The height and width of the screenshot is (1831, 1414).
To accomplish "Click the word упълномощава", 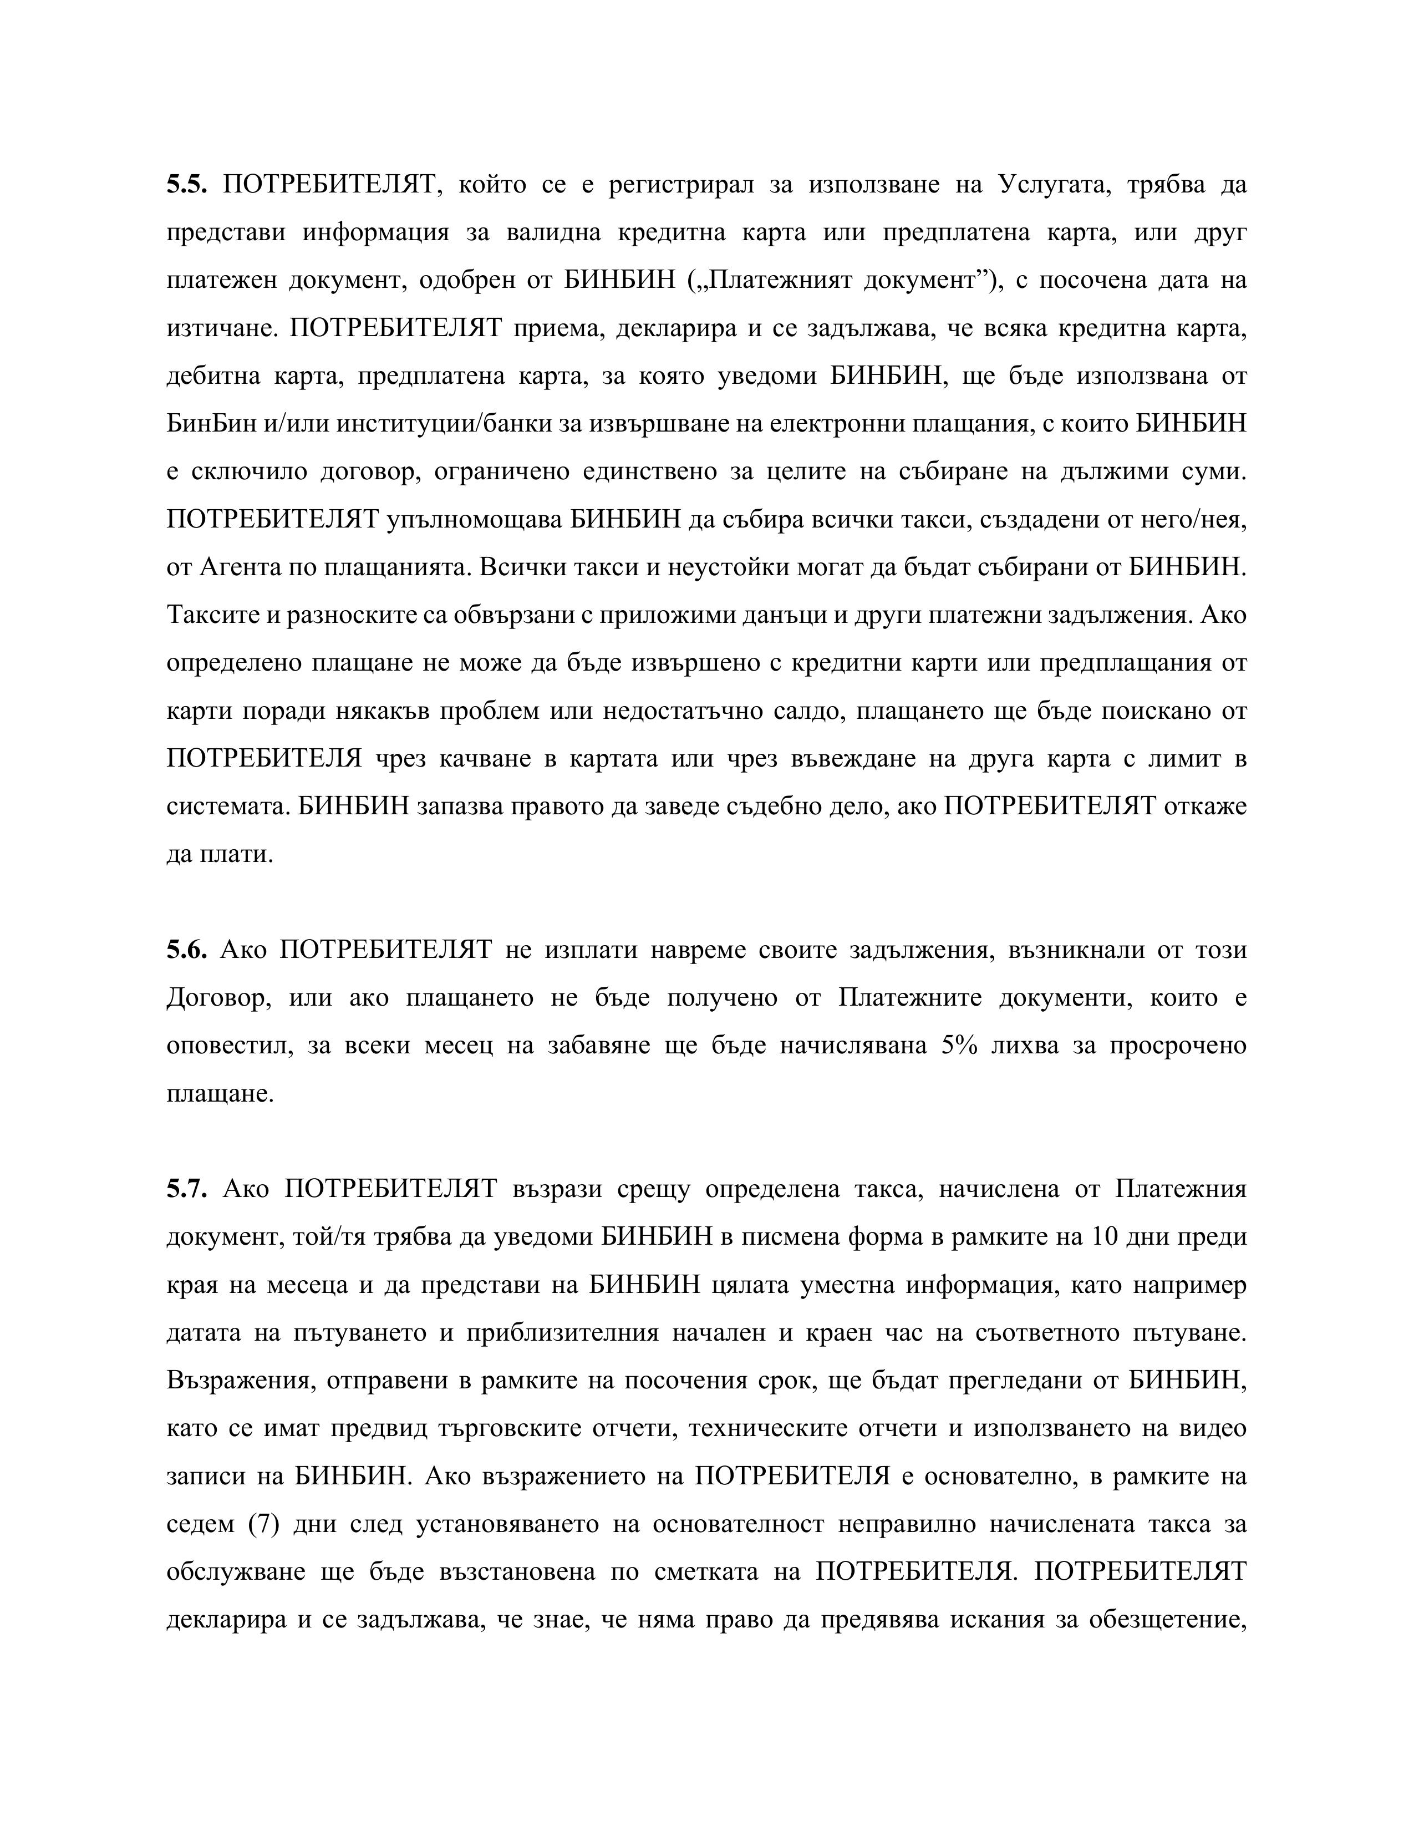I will click(x=475, y=520).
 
